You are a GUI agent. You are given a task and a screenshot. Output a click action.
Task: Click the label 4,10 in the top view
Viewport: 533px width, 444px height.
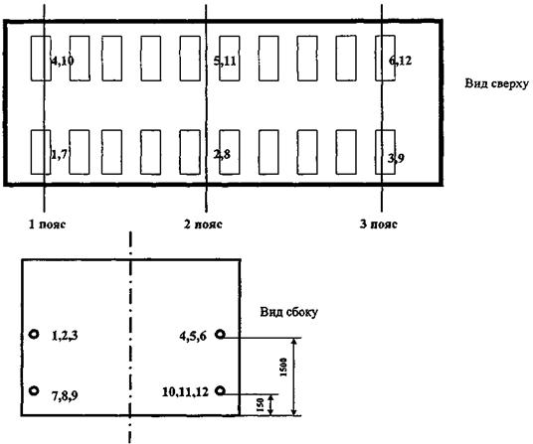(63, 62)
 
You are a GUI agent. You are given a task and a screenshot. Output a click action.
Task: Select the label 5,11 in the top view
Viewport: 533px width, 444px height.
(225, 62)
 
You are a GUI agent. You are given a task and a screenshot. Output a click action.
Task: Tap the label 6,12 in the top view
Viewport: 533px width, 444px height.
(400, 61)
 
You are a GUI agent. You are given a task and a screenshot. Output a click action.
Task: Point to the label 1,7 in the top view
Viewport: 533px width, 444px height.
(59, 154)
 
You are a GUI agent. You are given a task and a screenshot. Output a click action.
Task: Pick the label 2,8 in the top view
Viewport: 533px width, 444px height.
(222, 154)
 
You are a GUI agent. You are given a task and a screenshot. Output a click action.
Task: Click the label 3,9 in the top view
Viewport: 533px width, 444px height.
(396, 158)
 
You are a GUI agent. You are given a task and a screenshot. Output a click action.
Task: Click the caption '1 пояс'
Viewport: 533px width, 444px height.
(47, 224)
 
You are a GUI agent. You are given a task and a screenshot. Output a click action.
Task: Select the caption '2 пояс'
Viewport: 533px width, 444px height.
(203, 224)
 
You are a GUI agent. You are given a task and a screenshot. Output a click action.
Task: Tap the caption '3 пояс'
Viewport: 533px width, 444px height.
(378, 224)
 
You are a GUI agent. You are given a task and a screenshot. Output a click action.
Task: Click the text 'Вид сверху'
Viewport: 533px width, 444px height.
(496, 83)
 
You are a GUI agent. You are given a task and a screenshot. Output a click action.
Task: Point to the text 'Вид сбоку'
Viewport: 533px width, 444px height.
(289, 312)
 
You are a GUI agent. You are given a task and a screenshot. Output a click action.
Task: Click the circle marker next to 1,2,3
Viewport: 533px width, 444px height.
(34, 335)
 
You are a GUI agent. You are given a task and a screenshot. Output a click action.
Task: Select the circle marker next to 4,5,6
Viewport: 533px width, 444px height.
(221, 335)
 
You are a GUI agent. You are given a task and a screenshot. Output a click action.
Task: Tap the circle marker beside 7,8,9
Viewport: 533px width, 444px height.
(34, 390)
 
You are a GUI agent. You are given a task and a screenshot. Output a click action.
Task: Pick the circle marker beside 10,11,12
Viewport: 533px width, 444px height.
(221, 390)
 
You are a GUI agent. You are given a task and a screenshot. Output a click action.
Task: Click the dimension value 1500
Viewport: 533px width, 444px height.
(283, 367)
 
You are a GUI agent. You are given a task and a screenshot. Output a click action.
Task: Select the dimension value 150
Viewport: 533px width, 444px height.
(261, 405)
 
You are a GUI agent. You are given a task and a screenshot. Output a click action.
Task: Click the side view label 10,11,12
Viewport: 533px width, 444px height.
(185, 392)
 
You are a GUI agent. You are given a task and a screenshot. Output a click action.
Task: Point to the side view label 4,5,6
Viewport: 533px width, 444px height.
(193, 337)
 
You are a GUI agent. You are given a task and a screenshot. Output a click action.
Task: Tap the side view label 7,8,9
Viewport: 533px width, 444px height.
(65, 395)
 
